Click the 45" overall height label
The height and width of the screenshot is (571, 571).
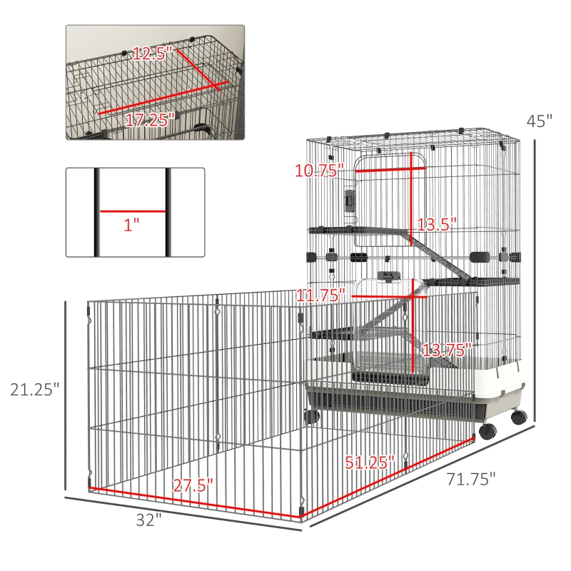tap(540, 121)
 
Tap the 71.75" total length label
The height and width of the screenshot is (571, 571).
tap(471, 479)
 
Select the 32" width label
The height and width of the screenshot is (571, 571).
tap(148, 520)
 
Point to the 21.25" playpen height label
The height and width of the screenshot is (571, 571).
tap(34, 390)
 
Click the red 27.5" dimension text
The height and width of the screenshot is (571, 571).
tap(193, 485)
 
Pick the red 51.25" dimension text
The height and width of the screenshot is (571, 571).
tap(370, 463)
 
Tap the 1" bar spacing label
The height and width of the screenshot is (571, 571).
tap(131, 225)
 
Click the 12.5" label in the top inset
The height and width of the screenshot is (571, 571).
tap(152, 54)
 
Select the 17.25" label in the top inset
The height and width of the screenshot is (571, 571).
tap(150, 120)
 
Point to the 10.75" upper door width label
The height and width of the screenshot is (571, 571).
tap(319, 171)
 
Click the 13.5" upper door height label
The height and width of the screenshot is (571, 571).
tap(436, 225)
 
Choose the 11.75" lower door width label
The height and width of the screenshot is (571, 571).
tap(320, 295)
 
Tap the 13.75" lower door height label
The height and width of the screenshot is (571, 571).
tap(447, 350)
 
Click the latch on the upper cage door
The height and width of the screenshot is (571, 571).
tap(350, 201)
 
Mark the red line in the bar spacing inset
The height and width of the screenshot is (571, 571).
tap(133, 211)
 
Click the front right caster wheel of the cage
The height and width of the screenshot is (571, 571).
tap(488, 431)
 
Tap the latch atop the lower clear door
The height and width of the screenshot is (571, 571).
tap(389, 276)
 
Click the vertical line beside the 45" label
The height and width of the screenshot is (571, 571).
tap(535, 281)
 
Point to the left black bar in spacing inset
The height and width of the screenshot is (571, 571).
tap(97, 212)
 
